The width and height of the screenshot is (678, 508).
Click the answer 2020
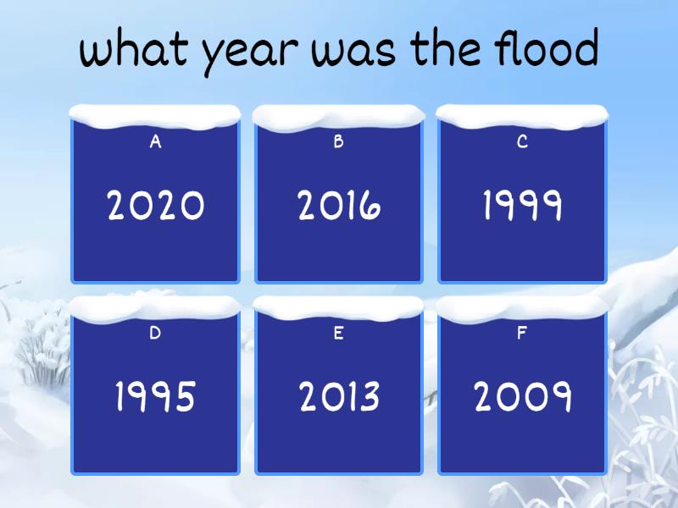(x=156, y=206)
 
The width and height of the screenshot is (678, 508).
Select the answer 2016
(x=339, y=206)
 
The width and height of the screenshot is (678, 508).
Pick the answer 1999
(x=522, y=206)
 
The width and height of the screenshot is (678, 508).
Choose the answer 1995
(x=156, y=396)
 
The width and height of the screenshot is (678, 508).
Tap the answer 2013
(x=339, y=396)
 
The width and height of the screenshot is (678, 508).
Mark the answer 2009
(x=522, y=396)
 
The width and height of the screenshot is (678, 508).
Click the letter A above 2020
(x=156, y=142)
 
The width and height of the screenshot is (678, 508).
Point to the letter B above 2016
(x=339, y=142)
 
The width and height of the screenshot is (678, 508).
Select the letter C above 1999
(x=522, y=142)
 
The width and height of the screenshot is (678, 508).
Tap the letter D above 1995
(x=156, y=333)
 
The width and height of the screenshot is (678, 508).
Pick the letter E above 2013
(x=339, y=333)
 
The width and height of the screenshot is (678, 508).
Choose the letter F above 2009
(x=522, y=333)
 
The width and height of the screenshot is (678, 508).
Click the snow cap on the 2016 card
(x=339, y=115)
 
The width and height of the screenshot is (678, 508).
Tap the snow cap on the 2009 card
(x=522, y=306)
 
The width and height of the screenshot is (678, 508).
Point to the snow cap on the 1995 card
(x=156, y=306)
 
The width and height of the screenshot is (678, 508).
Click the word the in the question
(x=446, y=49)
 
